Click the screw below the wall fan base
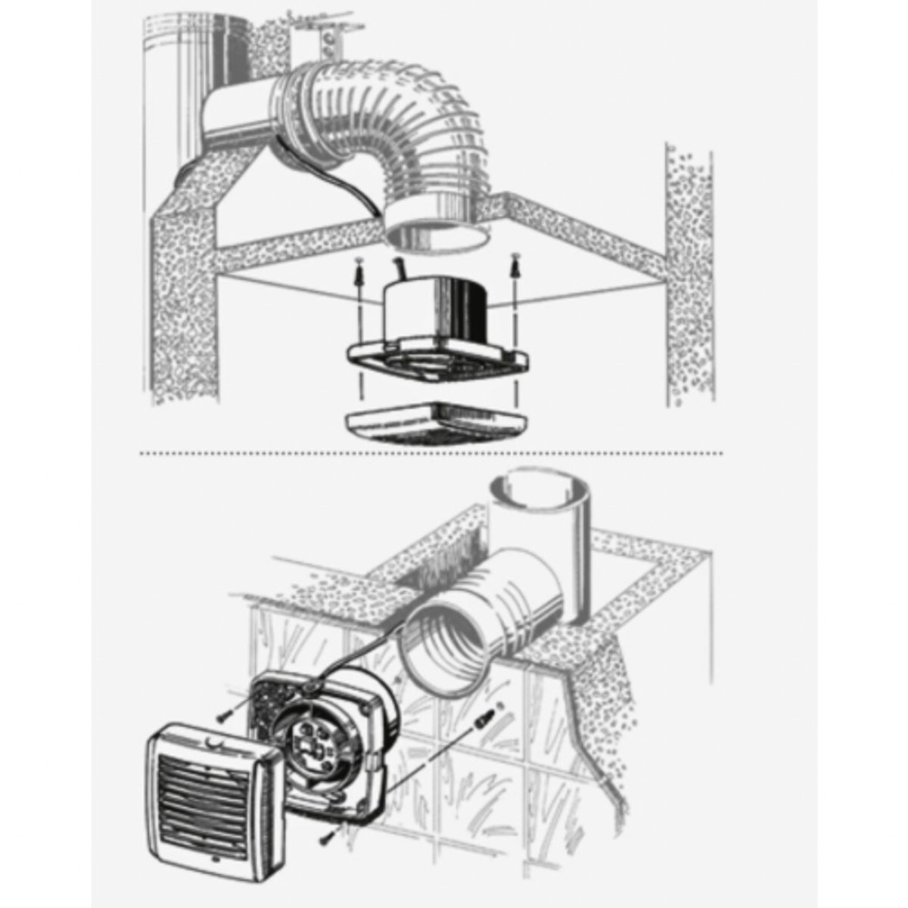[327, 832]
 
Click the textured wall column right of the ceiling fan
[689, 272]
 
